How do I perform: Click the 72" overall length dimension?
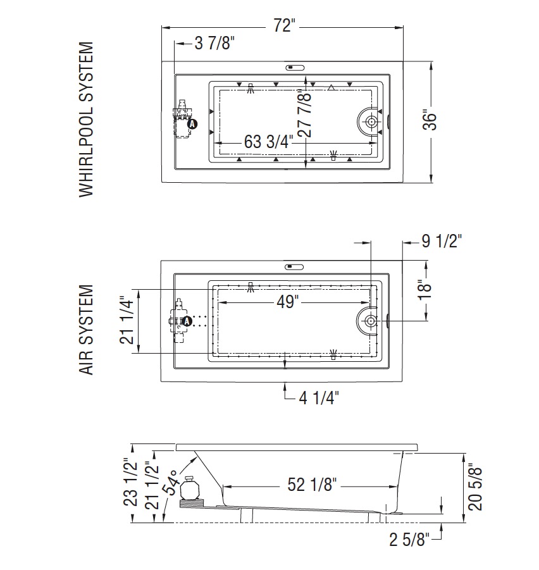point(284,25)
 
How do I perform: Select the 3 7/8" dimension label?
point(214,43)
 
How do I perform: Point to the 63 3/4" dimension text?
point(268,142)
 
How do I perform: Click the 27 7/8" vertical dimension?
point(304,114)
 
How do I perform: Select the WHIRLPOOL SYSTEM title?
point(87,120)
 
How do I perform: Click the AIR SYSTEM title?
point(87,330)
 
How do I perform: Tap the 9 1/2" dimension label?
point(442,240)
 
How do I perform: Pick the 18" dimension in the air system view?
point(424,289)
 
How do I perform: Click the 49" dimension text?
point(287,302)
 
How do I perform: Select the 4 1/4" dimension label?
point(319,398)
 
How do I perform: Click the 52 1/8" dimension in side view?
point(312,484)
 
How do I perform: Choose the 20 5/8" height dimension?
point(475,486)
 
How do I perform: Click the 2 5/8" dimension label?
point(409,540)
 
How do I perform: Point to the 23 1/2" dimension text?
point(130,482)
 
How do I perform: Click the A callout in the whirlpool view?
point(192,124)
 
